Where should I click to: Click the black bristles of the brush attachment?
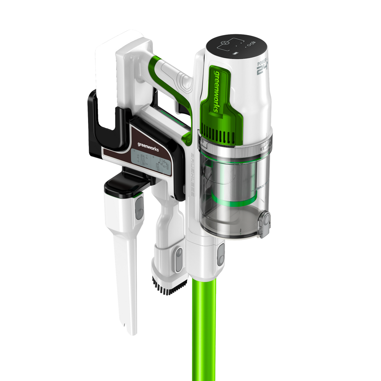click(x=169, y=286)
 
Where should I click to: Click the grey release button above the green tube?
click(x=221, y=255)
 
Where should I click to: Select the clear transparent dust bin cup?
click(x=244, y=213)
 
